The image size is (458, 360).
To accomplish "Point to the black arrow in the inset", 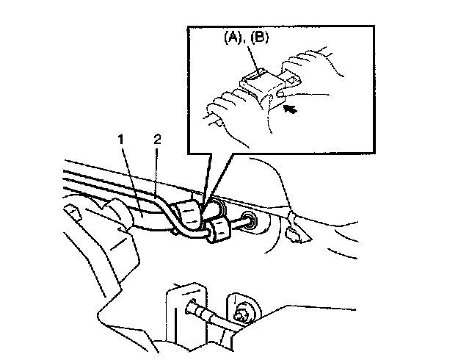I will click(x=291, y=110).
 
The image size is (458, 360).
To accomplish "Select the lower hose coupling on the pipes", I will click(x=217, y=231).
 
